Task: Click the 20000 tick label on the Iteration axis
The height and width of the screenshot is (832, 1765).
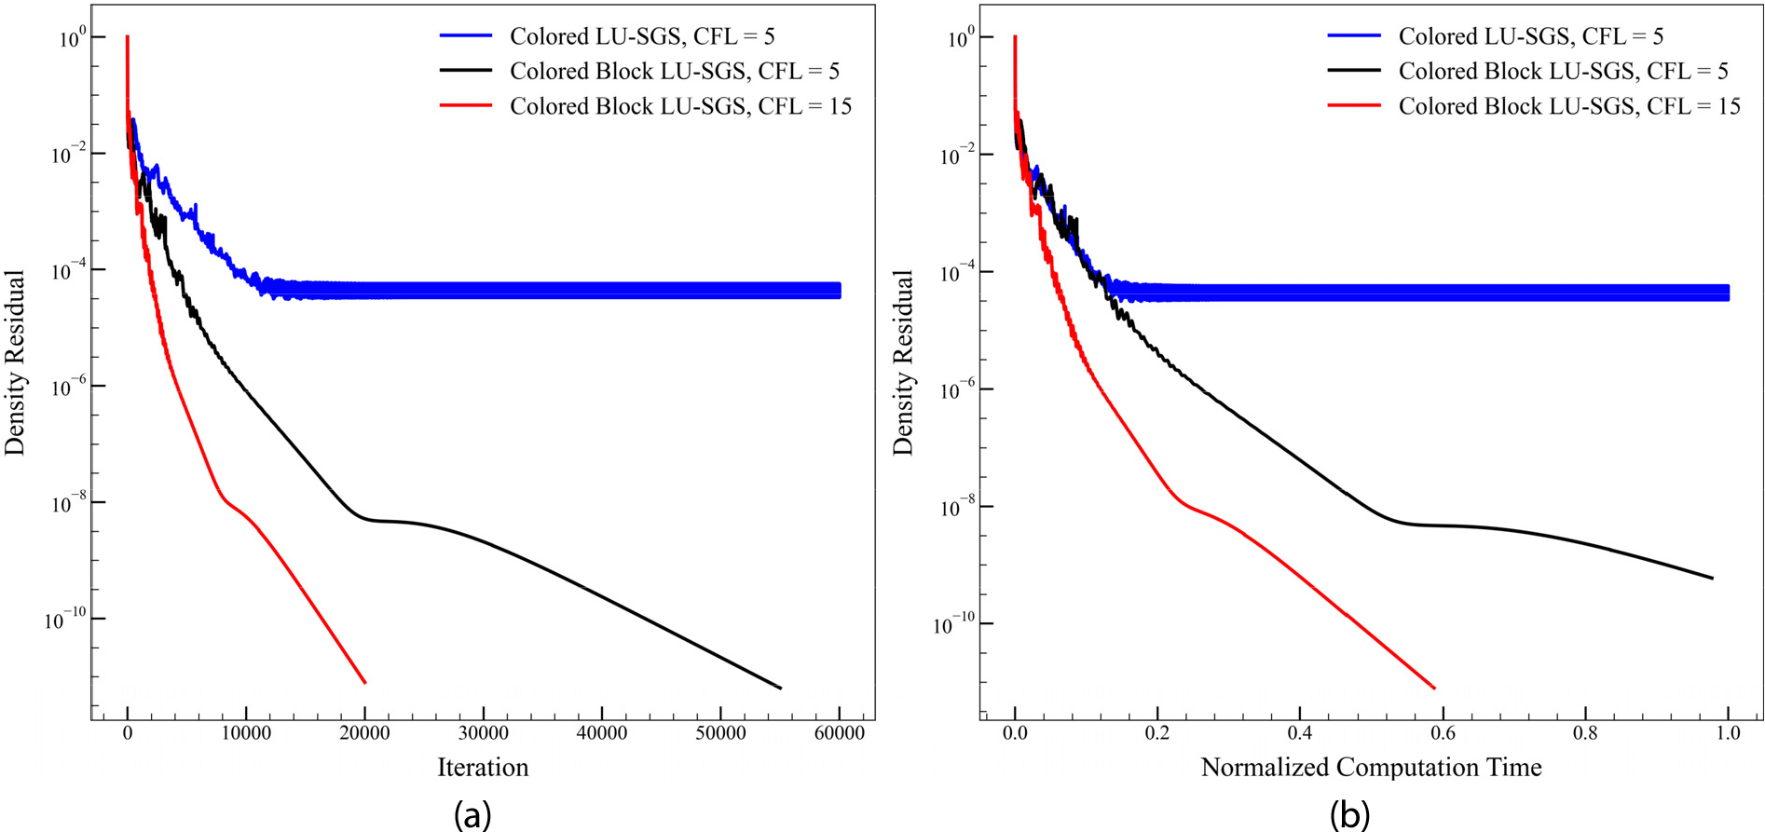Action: (364, 733)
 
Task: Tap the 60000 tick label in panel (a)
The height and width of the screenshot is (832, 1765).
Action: (839, 733)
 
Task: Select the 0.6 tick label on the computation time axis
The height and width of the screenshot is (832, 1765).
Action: (1443, 733)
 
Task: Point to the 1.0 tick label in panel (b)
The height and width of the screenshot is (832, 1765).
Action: (1728, 733)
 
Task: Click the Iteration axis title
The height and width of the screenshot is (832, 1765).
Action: (483, 768)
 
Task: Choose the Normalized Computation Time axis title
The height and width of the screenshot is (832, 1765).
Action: (1371, 768)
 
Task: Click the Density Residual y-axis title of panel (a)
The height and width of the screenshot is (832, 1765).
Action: (15, 362)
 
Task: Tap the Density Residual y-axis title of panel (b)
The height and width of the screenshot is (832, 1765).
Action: (903, 362)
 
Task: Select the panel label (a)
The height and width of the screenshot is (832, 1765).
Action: (472, 814)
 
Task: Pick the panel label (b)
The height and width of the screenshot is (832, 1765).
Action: (1349, 814)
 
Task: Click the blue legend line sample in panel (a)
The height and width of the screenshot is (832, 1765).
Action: (466, 36)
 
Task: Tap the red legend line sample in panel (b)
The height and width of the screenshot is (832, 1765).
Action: (1354, 106)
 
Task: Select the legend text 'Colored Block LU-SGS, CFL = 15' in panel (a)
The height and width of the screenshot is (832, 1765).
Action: (680, 106)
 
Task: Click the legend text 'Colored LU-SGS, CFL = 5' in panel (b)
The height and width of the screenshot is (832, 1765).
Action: (1530, 36)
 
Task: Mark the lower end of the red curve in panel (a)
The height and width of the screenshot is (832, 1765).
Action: (364, 683)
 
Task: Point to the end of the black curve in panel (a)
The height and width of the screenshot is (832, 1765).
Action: (780, 689)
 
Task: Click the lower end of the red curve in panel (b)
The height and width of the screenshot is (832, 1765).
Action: (1434, 689)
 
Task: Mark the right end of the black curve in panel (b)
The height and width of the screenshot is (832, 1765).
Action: (1713, 579)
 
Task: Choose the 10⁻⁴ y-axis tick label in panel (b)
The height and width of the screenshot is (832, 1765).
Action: (954, 273)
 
